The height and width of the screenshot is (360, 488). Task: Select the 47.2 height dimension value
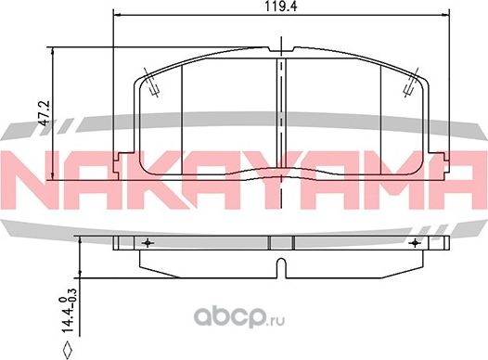click(58, 112)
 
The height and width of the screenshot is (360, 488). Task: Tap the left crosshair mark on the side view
click(148, 242)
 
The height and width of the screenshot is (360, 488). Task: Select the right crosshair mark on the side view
click(414, 242)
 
